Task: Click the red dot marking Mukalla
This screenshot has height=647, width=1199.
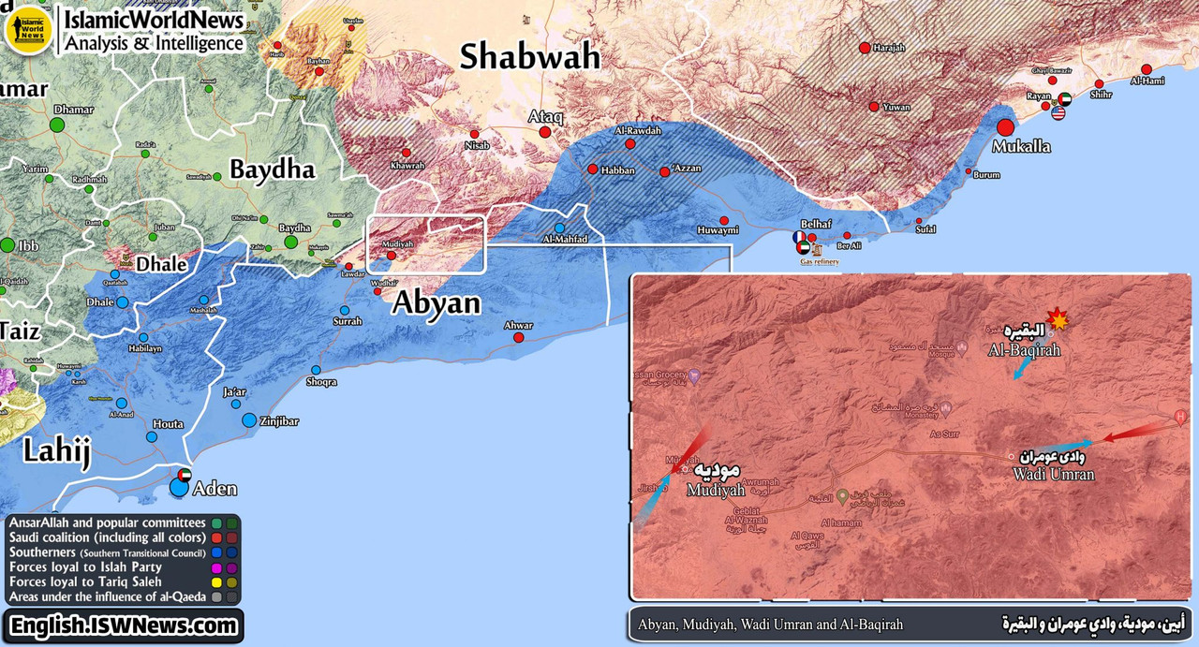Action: coord(1006,127)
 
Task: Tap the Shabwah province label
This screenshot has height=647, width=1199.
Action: coord(529,57)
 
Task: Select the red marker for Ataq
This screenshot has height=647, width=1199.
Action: coord(545,132)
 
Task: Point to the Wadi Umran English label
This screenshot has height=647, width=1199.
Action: coord(1053,475)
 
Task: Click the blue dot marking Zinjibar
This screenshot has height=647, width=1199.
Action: coord(249,420)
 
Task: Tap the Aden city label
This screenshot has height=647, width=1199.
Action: coord(214,489)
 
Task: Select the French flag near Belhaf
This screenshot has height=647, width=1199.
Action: coord(798,238)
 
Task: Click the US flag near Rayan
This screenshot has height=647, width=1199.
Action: coord(1058,113)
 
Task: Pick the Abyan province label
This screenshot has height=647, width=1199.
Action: coord(436,302)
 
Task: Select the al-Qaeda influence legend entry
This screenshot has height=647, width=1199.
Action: coord(103,596)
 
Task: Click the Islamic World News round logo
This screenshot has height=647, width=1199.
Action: coord(26,31)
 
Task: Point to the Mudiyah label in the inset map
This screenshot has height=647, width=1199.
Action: coord(716,490)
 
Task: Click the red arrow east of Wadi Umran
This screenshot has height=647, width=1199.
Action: coord(1137,431)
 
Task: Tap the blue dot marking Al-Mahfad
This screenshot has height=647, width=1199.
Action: coord(559,228)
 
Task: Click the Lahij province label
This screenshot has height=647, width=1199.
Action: coord(56,453)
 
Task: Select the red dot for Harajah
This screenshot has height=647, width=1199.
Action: coord(865,47)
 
